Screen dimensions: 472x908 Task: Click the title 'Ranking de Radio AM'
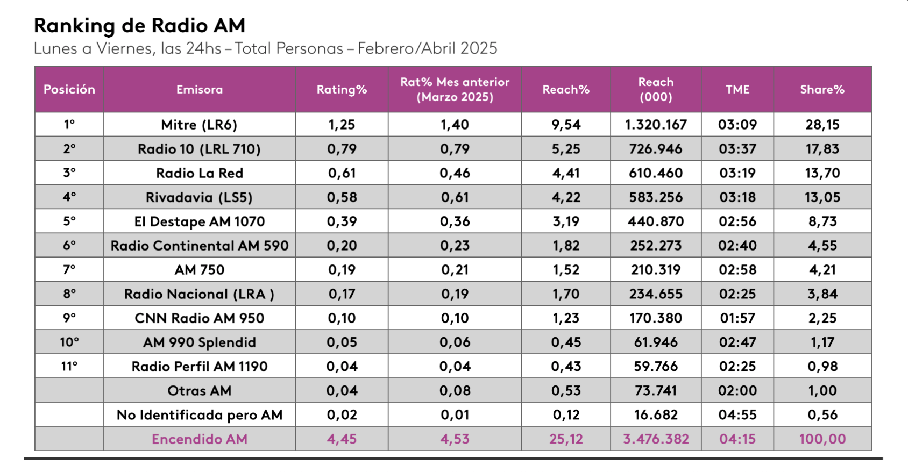pos(139,25)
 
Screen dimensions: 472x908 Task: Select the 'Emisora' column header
pos(200,90)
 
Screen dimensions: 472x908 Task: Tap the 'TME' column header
pos(737,90)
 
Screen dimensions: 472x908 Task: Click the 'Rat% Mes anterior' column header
pos(455,89)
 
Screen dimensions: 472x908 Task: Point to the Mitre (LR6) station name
pos(200,125)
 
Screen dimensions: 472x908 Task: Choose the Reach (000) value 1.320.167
pos(656,125)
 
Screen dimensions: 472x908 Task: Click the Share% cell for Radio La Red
pos(822,173)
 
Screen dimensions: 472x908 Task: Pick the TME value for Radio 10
pos(737,149)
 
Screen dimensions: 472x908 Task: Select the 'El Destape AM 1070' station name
pos(200,221)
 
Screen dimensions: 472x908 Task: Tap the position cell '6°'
pos(69,246)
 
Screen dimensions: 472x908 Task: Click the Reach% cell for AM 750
pos(566,270)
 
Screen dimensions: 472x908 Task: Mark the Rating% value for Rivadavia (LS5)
pos(342,197)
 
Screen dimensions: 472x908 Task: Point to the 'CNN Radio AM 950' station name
pos(200,318)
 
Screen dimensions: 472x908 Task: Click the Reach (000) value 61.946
pos(656,342)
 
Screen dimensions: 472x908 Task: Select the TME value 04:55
pos(737,415)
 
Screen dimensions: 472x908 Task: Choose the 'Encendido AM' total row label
pos(200,439)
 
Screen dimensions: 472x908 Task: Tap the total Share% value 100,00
pos(822,439)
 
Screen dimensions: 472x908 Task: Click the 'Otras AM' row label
pos(200,391)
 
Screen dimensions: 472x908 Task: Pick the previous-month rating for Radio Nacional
pos(455,294)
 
